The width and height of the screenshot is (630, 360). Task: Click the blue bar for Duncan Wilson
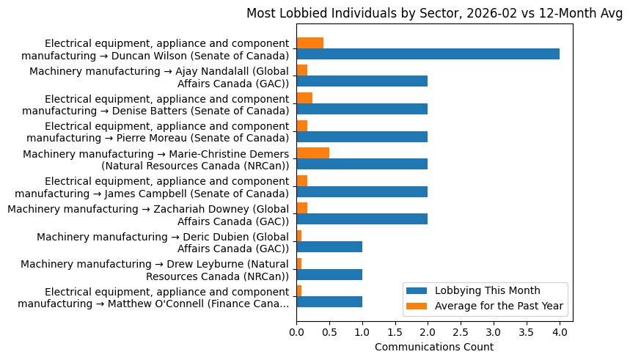428,54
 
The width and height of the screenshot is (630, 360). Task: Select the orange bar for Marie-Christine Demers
312,153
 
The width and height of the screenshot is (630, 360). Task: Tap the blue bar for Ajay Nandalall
362,81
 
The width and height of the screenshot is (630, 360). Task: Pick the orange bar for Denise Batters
304,98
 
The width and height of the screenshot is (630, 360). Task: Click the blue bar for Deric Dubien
329,246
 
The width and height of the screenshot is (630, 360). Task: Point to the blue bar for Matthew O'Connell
329,301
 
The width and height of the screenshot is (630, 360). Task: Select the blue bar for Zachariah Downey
362,218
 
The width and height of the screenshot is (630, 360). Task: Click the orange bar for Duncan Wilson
309,43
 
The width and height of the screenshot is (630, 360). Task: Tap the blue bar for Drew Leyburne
329,274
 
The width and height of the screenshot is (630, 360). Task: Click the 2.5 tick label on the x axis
461,332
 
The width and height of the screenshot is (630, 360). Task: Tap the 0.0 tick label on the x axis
296,332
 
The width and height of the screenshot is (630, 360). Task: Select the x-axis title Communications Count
434,347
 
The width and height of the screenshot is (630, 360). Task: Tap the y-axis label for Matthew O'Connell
153,296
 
